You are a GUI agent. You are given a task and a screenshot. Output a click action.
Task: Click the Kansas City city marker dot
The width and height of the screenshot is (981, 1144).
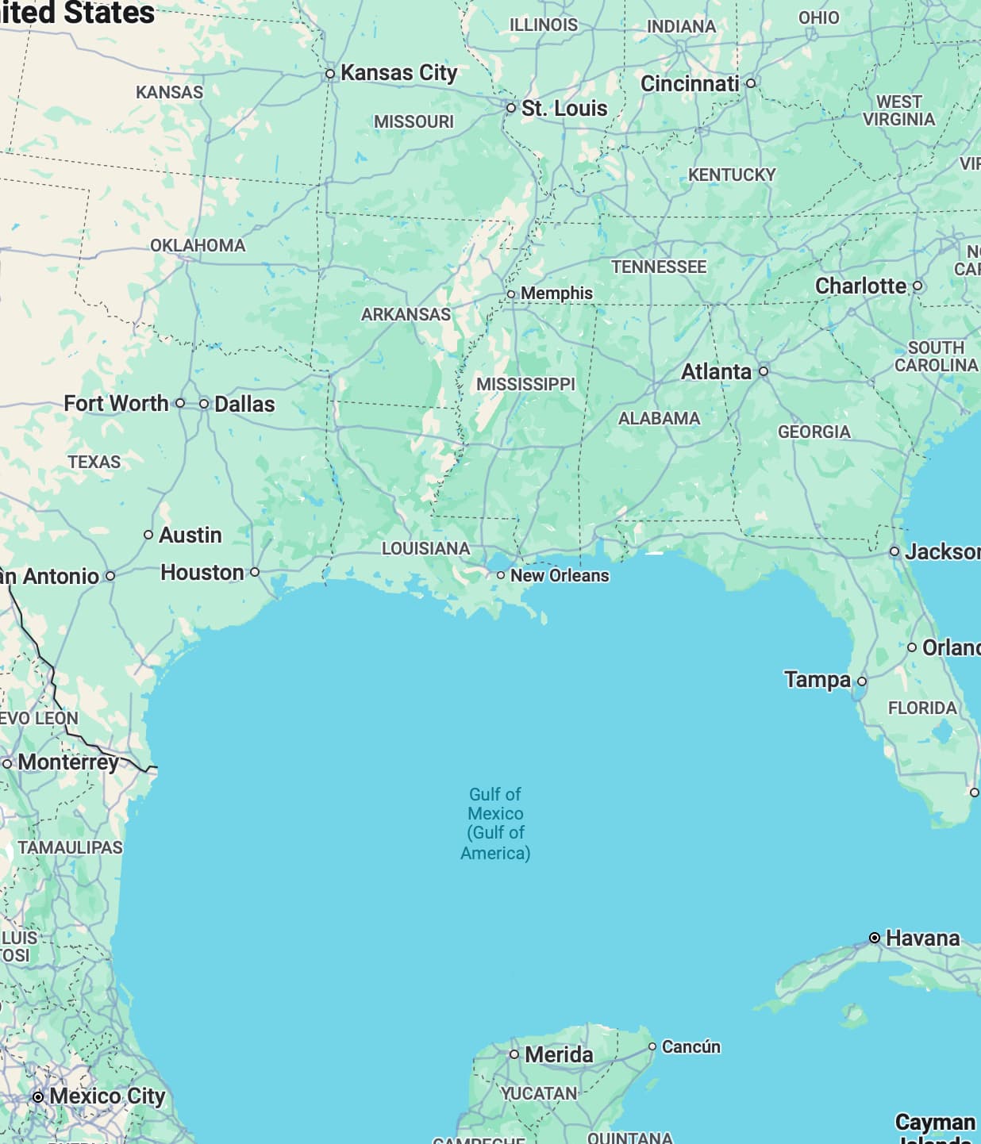pyautogui.click(x=330, y=74)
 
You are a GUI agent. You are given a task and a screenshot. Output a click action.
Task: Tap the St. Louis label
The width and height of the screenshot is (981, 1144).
pyautogui.click(x=564, y=108)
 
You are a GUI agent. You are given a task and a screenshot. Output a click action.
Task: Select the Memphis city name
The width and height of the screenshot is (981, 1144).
pyautogui.click(x=556, y=294)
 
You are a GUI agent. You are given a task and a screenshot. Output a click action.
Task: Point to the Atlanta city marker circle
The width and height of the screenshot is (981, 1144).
pyautogui.click(x=764, y=371)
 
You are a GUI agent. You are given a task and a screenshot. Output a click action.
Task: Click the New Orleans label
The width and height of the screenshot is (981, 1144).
pyautogui.click(x=560, y=575)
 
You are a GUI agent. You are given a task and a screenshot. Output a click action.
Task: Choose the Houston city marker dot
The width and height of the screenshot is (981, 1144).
pyautogui.click(x=255, y=572)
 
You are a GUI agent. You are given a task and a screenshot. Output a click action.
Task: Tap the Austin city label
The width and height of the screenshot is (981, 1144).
pyautogui.click(x=190, y=535)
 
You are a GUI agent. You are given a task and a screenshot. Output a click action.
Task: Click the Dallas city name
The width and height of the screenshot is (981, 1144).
pyautogui.click(x=244, y=404)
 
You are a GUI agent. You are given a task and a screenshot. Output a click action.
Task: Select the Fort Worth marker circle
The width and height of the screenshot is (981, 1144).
pyautogui.click(x=180, y=403)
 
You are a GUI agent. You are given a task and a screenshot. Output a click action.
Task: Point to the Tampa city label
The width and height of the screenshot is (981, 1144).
pyautogui.click(x=817, y=679)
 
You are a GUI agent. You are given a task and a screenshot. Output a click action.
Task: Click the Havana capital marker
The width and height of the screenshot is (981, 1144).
pyautogui.click(x=875, y=938)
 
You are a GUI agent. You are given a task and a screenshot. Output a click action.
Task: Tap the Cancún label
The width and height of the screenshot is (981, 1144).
pyautogui.click(x=691, y=1046)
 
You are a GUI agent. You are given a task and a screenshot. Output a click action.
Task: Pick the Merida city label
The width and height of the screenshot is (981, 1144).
pyautogui.click(x=559, y=1054)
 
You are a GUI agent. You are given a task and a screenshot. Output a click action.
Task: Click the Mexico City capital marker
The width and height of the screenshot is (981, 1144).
pyautogui.click(x=38, y=1096)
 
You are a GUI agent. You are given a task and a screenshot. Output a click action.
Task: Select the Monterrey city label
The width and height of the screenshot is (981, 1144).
pyautogui.click(x=68, y=762)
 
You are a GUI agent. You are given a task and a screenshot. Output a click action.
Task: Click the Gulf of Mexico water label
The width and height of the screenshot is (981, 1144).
pyautogui.click(x=495, y=823)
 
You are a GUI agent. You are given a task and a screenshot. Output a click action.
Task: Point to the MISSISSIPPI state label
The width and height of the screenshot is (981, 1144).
pyautogui.click(x=525, y=384)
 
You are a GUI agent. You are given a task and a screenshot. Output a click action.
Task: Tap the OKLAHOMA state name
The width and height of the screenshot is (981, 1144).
pyautogui.click(x=198, y=245)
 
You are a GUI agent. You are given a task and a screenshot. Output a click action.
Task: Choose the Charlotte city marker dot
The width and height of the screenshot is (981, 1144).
pyautogui.click(x=918, y=286)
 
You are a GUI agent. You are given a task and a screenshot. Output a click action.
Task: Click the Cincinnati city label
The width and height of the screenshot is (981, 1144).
pyautogui.click(x=690, y=83)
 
